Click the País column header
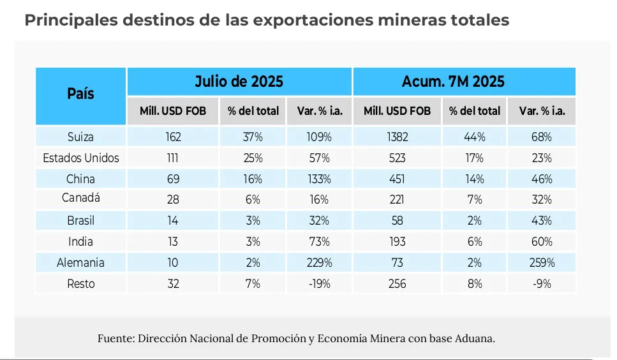click(x=80, y=94)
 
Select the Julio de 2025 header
click(x=239, y=82)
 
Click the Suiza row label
click(x=80, y=137)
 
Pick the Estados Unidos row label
click(x=80, y=158)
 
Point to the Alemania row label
click(x=80, y=262)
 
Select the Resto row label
click(x=80, y=283)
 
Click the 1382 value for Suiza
click(x=397, y=137)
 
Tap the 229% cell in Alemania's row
click(x=317, y=262)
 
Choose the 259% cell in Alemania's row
click(x=542, y=262)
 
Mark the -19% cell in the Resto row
click(x=317, y=283)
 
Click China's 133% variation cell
click(x=317, y=179)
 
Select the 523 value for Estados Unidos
click(x=397, y=158)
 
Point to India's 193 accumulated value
click(x=397, y=241)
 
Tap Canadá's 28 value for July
click(x=173, y=200)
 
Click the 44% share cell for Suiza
click(x=474, y=137)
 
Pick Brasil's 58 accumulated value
click(x=397, y=220)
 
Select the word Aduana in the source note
click(x=472, y=338)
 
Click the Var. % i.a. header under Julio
click(x=319, y=110)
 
